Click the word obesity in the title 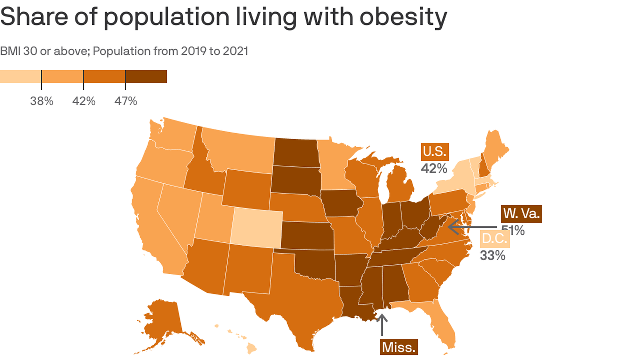click(403, 17)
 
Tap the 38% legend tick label click(42, 101)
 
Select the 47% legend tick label click(126, 101)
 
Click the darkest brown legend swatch click(146, 76)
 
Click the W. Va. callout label click(521, 214)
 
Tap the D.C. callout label click(495, 239)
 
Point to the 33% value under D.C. click(492, 255)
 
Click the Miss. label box click(399, 347)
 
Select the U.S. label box click(434, 151)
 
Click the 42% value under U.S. click(434, 168)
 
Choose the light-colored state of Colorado click(257, 228)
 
